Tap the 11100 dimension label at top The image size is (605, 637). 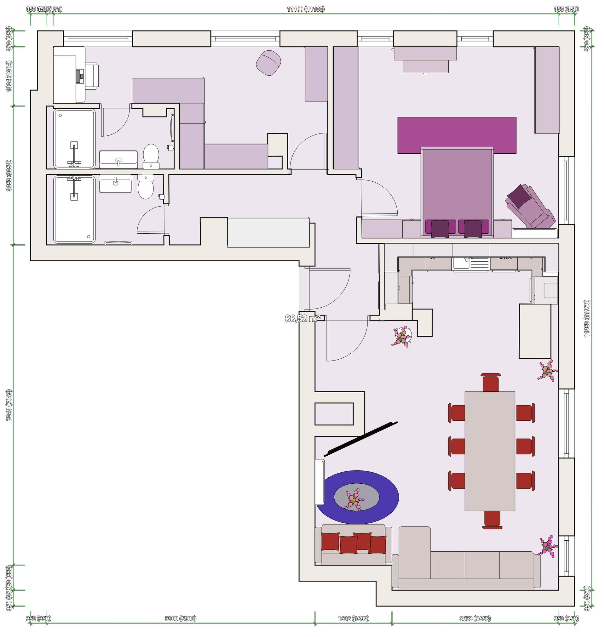click(x=305, y=9)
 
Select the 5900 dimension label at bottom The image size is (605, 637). click(x=180, y=618)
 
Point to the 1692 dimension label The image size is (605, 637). click(x=353, y=618)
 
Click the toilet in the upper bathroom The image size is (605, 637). click(x=151, y=155)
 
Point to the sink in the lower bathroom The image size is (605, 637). click(x=115, y=184)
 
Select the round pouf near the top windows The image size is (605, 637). click(x=268, y=63)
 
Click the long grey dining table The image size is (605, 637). click(x=489, y=451)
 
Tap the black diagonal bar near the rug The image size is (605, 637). click(x=360, y=439)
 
